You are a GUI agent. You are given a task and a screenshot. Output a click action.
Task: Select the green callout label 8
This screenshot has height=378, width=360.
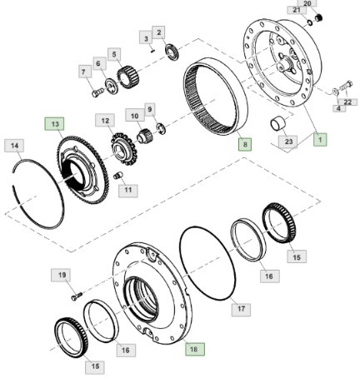click(244, 144)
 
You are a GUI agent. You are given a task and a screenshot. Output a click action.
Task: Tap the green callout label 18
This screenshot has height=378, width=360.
click(193, 350)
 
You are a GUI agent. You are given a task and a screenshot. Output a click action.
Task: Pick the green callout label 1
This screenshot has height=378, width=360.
click(319, 141)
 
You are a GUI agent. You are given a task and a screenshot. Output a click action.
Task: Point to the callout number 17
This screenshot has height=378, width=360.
click(242, 309)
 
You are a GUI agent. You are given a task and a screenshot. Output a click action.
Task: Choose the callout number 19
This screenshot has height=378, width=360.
click(62, 275)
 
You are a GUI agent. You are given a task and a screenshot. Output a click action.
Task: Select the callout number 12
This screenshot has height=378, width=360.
click(105, 122)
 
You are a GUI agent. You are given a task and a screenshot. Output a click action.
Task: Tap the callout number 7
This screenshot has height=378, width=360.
click(83, 71)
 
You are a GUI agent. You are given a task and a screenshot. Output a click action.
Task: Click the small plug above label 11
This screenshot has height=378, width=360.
click(117, 175)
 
